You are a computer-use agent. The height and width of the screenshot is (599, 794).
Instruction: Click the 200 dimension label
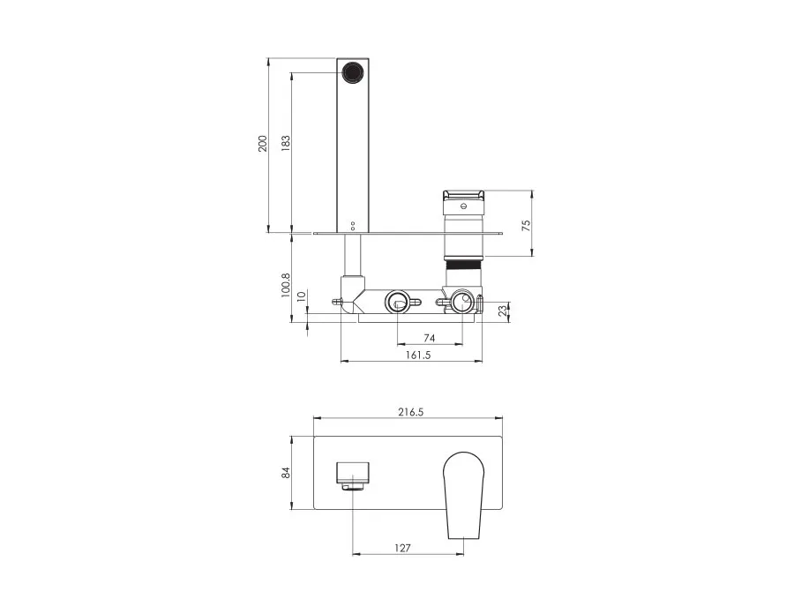262,144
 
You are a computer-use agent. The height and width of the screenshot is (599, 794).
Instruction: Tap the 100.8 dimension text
286,285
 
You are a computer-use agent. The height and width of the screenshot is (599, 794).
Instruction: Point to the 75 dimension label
527,225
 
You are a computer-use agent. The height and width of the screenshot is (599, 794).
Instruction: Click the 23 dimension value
503,311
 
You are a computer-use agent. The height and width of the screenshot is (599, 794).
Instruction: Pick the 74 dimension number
429,338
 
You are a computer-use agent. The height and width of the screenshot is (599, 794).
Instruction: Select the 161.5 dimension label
418,355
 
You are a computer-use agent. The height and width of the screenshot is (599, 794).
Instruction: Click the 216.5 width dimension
410,412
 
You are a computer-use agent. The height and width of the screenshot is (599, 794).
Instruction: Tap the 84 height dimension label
286,473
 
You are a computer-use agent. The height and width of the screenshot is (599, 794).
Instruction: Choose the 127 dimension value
402,547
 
